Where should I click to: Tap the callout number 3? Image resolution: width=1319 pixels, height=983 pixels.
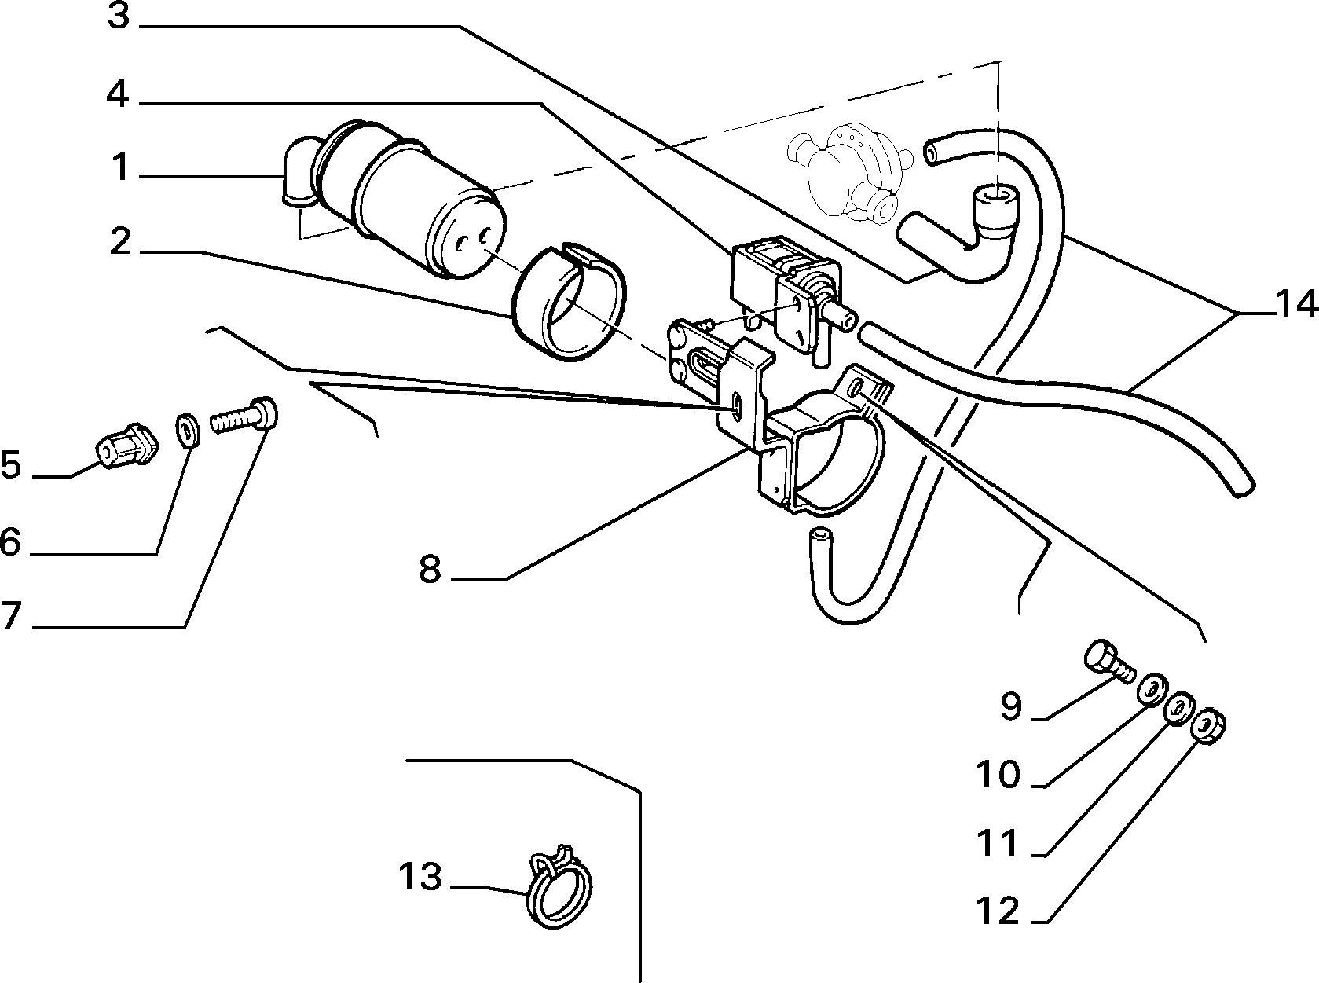pyautogui.click(x=119, y=16)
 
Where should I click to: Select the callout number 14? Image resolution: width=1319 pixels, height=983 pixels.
pyautogui.click(x=1296, y=305)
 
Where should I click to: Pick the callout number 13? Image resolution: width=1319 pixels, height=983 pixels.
pyautogui.click(x=420, y=876)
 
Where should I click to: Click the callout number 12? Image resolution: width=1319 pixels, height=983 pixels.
pyautogui.click(x=998, y=911)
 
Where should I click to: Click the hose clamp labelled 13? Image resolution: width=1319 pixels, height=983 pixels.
pyautogui.click(x=560, y=886)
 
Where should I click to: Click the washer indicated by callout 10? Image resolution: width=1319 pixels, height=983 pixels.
pyautogui.click(x=1152, y=690)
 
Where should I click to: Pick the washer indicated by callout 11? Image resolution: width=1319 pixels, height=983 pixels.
pyautogui.click(x=1179, y=708)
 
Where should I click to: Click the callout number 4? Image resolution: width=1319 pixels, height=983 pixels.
pyautogui.click(x=118, y=94)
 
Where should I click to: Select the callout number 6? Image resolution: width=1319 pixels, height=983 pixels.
pyautogui.click(x=11, y=541)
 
